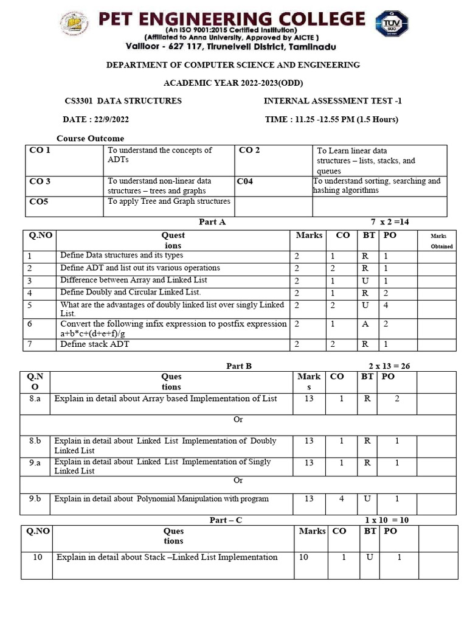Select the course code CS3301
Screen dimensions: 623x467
click(78, 101)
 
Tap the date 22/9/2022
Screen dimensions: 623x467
click(106, 119)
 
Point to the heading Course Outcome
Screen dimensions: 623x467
click(90, 139)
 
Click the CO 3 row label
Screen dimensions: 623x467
click(40, 181)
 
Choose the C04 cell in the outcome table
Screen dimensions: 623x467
click(246, 181)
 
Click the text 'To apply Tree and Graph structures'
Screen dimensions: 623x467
click(169, 201)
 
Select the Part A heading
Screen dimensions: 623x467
click(212, 222)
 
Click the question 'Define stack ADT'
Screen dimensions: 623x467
click(95, 344)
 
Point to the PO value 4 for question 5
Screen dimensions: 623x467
click(386, 305)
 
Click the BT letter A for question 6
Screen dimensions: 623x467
click(365, 324)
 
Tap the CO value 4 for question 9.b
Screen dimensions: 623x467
click(341, 499)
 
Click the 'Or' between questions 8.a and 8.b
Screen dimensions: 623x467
click(238, 420)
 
